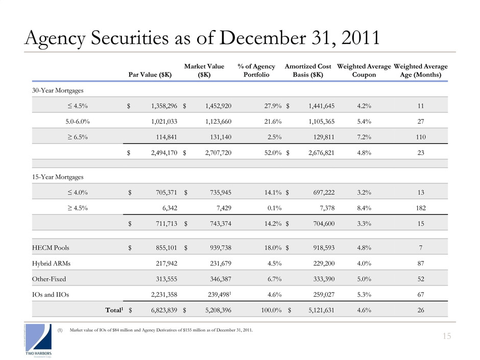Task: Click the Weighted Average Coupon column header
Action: (364, 70)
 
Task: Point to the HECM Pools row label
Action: (50, 248)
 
